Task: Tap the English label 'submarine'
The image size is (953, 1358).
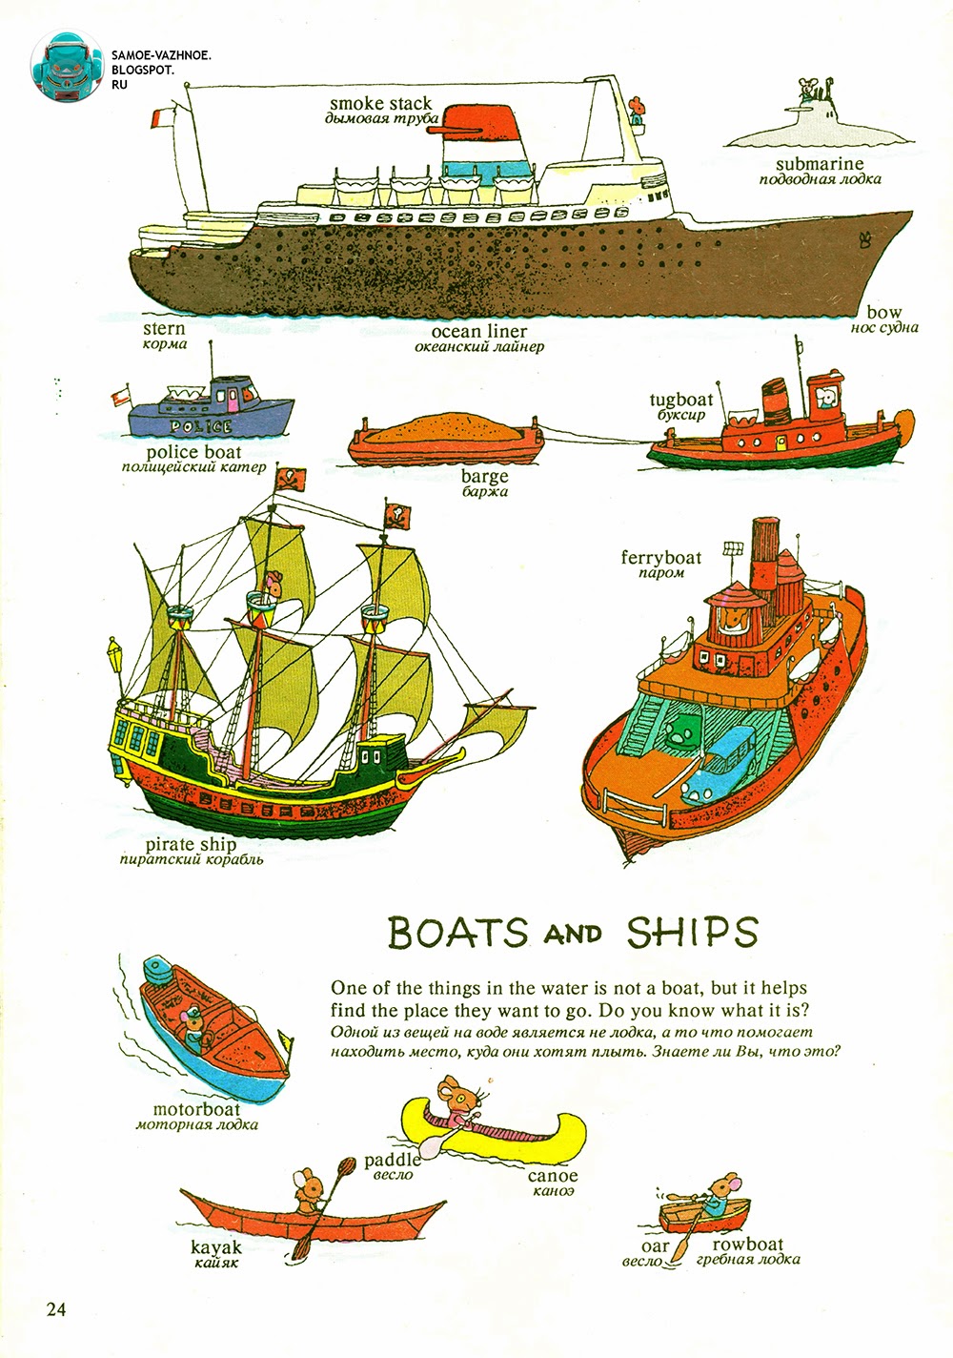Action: point(819,164)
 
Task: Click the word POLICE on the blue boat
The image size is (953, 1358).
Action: point(200,426)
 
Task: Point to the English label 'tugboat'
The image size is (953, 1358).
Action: point(681,400)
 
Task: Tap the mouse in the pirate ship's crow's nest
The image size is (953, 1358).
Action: point(274,584)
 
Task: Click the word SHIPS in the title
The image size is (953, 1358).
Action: point(692,934)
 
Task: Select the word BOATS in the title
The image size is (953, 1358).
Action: point(457,934)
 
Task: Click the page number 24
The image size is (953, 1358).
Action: point(56,1308)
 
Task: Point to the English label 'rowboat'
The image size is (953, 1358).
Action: point(747,1244)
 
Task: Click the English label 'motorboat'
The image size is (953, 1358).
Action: point(196,1109)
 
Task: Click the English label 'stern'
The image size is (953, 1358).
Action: point(164,328)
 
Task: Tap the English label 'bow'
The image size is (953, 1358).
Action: point(883,312)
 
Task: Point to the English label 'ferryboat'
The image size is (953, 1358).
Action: point(660,557)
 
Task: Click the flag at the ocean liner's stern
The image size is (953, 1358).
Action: point(163,118)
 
